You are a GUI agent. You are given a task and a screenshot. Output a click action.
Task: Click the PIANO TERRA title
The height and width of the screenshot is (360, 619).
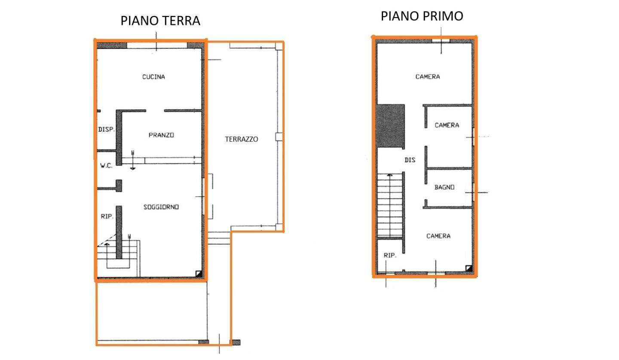(x=160, y=21)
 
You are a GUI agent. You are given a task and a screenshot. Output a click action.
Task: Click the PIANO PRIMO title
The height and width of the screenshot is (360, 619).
(x=422, y=16)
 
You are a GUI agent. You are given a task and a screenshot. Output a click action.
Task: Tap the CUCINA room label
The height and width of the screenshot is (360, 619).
(x=153, y=77)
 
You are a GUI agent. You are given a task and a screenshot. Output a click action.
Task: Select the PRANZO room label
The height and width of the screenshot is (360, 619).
(x=161, y=135)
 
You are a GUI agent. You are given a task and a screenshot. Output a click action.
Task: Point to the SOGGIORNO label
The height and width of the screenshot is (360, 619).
(x=161, y=207)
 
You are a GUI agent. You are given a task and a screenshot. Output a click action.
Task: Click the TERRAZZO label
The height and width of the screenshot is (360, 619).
(x=242, y=139)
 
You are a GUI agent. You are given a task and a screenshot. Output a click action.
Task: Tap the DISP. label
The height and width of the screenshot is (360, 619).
(x=107, y=129)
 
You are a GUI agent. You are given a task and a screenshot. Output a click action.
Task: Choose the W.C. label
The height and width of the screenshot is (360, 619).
(x=106, y=166)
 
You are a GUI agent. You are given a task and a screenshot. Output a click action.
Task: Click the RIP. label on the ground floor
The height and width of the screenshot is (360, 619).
(x=107, y=216)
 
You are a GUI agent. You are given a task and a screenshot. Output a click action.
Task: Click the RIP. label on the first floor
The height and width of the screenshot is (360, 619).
(x=390, y=255)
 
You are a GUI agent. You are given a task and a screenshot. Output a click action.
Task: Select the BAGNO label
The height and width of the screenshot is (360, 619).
(x=444, y=187)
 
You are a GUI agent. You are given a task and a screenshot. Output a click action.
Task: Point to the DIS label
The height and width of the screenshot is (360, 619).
(x=410, y=160)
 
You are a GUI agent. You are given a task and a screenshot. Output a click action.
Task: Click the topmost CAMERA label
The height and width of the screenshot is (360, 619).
(x=428, y=77)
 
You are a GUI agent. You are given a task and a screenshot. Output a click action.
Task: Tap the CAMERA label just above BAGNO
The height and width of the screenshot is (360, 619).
(x=447, y=125)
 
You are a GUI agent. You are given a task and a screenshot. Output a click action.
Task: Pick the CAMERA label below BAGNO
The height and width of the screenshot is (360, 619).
(x=438, y=236)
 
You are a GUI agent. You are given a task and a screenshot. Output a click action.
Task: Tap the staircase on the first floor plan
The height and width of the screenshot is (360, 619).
(x=390, y=206)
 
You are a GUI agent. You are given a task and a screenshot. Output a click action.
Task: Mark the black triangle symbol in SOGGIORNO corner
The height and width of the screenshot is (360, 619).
(x=199, y=274)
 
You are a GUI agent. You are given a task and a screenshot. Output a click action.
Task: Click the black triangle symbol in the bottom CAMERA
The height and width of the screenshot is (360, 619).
(x=469, y=268)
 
